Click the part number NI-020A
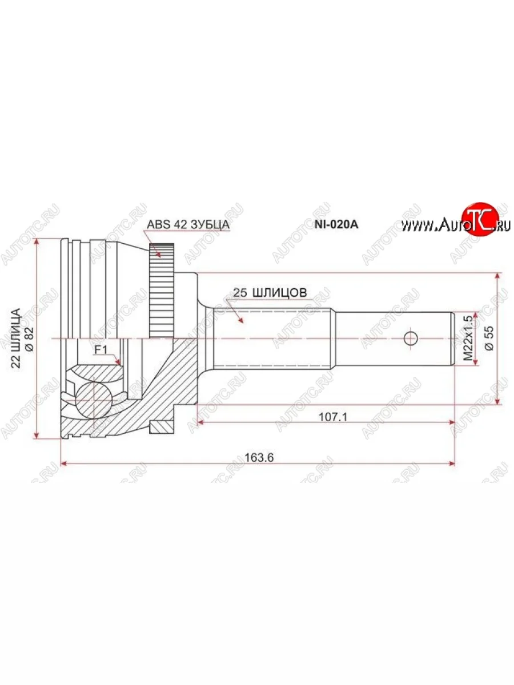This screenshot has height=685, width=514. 336,224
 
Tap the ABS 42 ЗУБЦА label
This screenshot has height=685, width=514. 188,224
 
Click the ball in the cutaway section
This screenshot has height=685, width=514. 93,398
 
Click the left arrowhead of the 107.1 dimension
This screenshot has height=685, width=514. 200,423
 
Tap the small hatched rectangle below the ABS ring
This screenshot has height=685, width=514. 162,426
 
